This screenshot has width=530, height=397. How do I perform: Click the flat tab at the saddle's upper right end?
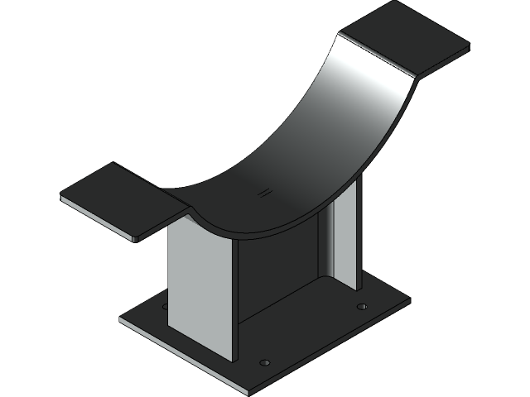tap(403, 37)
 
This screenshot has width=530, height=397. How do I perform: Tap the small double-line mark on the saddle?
tap(263, 193)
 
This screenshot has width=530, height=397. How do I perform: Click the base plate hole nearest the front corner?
tap(264, 362)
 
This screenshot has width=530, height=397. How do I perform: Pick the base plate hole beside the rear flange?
tap(361, 307)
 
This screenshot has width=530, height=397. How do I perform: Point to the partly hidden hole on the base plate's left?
tap(165, 306)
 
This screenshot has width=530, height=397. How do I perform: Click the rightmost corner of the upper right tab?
tap(469, 47)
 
